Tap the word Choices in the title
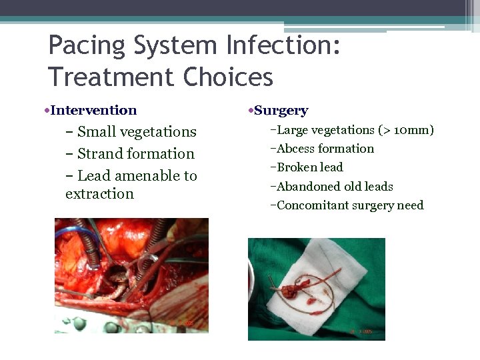pyautogui.click(x=226, y=77)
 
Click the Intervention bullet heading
pyautogui.click(x=93, y=111)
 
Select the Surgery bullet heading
pyautogui.click(x=281, y=111)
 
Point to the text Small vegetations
pyautogui.click(x=137, y=132)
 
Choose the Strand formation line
pyautogui.click(x=135, y=154)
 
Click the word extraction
pyautogui.click(x=99, y=194)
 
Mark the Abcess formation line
pyautogui.click(x=325, y=149)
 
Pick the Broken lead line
pyautogui.click(x=309, y=167)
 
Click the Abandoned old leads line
pyautogui.click(x=335, y=187)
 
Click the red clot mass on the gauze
pyautogui.click(x=294, y=291)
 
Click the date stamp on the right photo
pyautogui.click(x=361, y=331)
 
